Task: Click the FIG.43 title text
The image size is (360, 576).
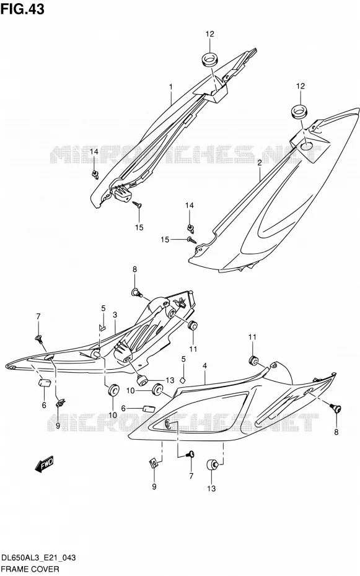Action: pyautogui.click(x=22, y=9)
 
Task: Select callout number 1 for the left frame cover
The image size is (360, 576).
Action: pyautogui.click(x=171, y=87)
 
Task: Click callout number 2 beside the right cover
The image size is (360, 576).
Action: pyautogui.click(x=260, y=163)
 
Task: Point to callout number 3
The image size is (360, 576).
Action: pyautogui.click(x=115, y=315)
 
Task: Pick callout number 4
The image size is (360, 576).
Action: pyautogui.click(x=204, y=365)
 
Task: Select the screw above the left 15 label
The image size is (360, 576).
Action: pyautogui.click(x=138, y=204)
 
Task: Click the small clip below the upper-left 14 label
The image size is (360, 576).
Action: pyautogui.click(x=95, y=174)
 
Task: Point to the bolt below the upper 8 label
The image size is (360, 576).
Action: pyautogui.click(x=137, y=293)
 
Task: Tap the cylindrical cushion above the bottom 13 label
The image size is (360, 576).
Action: pyautogui.click(x=213, y=465)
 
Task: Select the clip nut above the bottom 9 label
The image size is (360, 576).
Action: pyautogui.click(x=154, y=463)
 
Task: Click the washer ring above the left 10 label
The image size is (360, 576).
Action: pyautogui.click(x=113, y=390)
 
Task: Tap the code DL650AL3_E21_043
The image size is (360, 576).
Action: pyautogui.click(x=38, y=557)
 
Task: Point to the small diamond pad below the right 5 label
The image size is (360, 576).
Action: pyautogui.click(x=183, y=380)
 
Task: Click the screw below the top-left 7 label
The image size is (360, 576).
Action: pyautogui.click(x=38, y=338)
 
